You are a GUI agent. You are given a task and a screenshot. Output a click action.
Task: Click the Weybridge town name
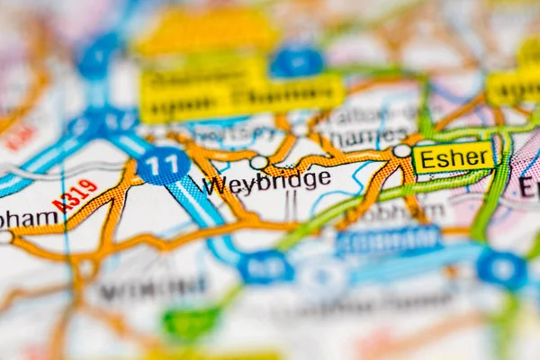coord(265,182)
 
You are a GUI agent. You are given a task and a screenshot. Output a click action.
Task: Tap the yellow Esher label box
coord(454,157)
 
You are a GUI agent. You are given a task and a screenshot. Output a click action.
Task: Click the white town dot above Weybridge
coord(259,162)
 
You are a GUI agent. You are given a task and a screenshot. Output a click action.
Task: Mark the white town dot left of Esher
coord(401,151)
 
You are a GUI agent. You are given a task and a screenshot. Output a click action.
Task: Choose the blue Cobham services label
coord(389,240)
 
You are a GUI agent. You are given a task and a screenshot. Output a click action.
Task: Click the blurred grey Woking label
coord(153,288)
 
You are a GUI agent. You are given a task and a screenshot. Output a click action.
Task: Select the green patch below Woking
coord(191,322)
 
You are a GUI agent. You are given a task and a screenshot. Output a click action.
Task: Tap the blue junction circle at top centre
coord(296,63)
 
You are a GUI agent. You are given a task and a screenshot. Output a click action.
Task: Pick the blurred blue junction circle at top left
coord(98,57)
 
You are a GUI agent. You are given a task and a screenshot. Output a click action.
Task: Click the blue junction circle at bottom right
coord(501,268)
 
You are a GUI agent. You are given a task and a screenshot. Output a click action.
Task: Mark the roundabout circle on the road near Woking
coord(86,268)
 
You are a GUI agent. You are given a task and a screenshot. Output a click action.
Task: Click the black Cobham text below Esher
coord(409,212)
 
